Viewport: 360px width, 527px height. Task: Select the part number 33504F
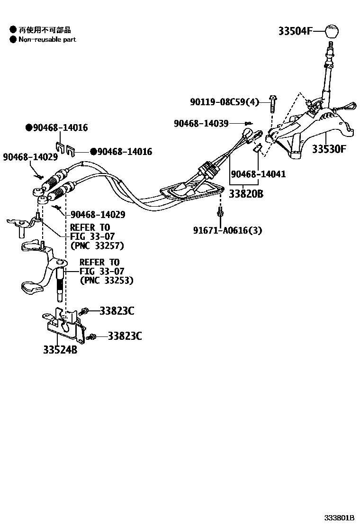(295, 32)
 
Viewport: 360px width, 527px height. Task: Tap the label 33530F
(329, 149)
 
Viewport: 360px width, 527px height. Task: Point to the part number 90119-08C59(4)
(225, 102)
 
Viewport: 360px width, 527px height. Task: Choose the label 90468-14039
(201, 123)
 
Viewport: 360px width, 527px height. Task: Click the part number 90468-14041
(258, 174)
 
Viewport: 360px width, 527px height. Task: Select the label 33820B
(246, 193)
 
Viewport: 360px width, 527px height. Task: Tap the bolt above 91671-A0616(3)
(220, 213)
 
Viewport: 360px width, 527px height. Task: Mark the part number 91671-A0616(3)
(227, 230)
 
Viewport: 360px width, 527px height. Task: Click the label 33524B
(60, 350)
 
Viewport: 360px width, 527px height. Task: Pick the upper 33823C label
(117, 311)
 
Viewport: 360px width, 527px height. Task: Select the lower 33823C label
(125, 336)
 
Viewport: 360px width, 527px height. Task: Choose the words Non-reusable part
(47, 39)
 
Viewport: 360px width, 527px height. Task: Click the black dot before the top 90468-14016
(29, 127)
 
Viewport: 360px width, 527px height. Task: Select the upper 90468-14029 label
(30, 156)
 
